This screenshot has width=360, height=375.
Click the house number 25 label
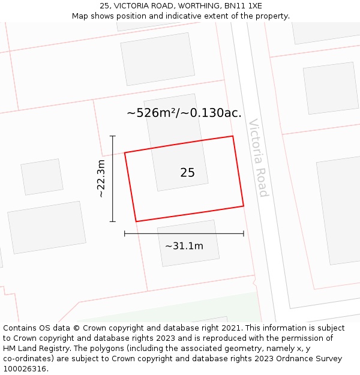[x=187, y=173]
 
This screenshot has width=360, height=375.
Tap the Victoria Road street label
[x=259, y=157]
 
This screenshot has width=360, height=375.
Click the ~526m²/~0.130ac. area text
[x=184, y=113]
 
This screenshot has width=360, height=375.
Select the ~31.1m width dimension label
[x=184, y=246]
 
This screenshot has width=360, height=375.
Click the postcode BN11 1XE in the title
[x=247, y=6]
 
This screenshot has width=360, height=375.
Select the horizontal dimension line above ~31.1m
[x=184, y=233]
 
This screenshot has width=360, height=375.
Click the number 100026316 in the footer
[x=24, y=369]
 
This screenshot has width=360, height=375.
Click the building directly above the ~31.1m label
[x=188, y=242]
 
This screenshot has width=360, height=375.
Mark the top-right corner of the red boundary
[x=232, y=136]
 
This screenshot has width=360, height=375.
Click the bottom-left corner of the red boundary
[x=136, y=221]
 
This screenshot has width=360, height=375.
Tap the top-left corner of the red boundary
[x=125, y=152]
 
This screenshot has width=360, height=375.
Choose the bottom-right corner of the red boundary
[x=244, y=206]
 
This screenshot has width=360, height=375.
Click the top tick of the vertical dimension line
[x=113, y=136]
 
